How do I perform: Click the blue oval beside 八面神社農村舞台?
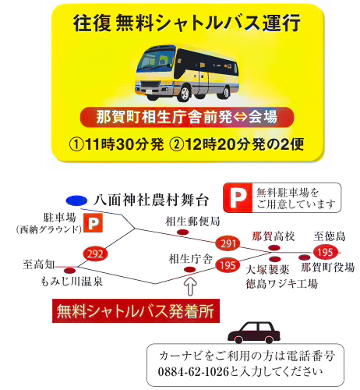click(x=76, y=200)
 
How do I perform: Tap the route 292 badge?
click(x=95, y=253)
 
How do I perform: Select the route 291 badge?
click(x=228, y=243)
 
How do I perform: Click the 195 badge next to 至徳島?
click(x=326, y=252)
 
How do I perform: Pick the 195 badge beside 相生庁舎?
click(x=228, y=265)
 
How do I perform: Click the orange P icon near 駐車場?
click(x=93, y=223)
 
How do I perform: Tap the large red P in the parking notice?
click(x=238, y=198)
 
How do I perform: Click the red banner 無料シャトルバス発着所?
click(x=136, y=311)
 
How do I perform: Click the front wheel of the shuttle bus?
click(x=185, y=93)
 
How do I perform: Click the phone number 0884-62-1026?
click(x=194, y=372)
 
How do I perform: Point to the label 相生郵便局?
click(x=192, y=222)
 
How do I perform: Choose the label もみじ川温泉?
click(x=72, y=282)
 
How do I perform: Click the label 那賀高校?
click(x=274, y=236)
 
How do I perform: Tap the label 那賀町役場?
click(x=328, y=268)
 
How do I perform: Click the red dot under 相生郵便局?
click(x=182, y=232)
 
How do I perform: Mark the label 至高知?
click(x=39, y=264)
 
